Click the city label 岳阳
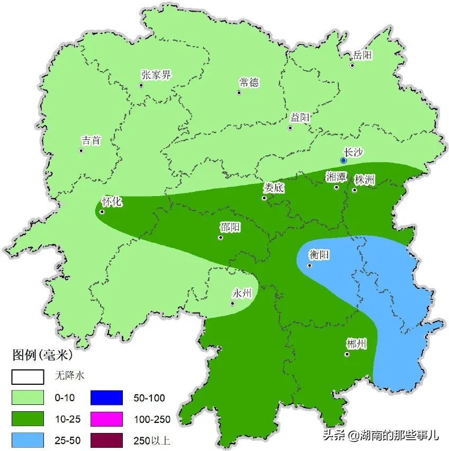tap(363, 55)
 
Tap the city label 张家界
tap(156, 75)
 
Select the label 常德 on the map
tap(249, 82)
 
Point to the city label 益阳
tap(300, 118)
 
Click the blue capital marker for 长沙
tap(343, 160)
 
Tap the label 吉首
tap(91, 140)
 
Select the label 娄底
tap(274, 188)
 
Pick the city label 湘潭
tap(336, 176)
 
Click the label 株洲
tap(365, 180)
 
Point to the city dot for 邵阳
tap(220, 237)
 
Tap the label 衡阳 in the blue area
tap(320, 255)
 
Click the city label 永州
tap(243, 293)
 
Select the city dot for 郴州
tap(347, 355)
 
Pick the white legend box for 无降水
tap(28, 376)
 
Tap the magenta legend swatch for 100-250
tap(106, 419)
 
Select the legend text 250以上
tap(152, 440)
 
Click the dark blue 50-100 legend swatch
tap(106, 397)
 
